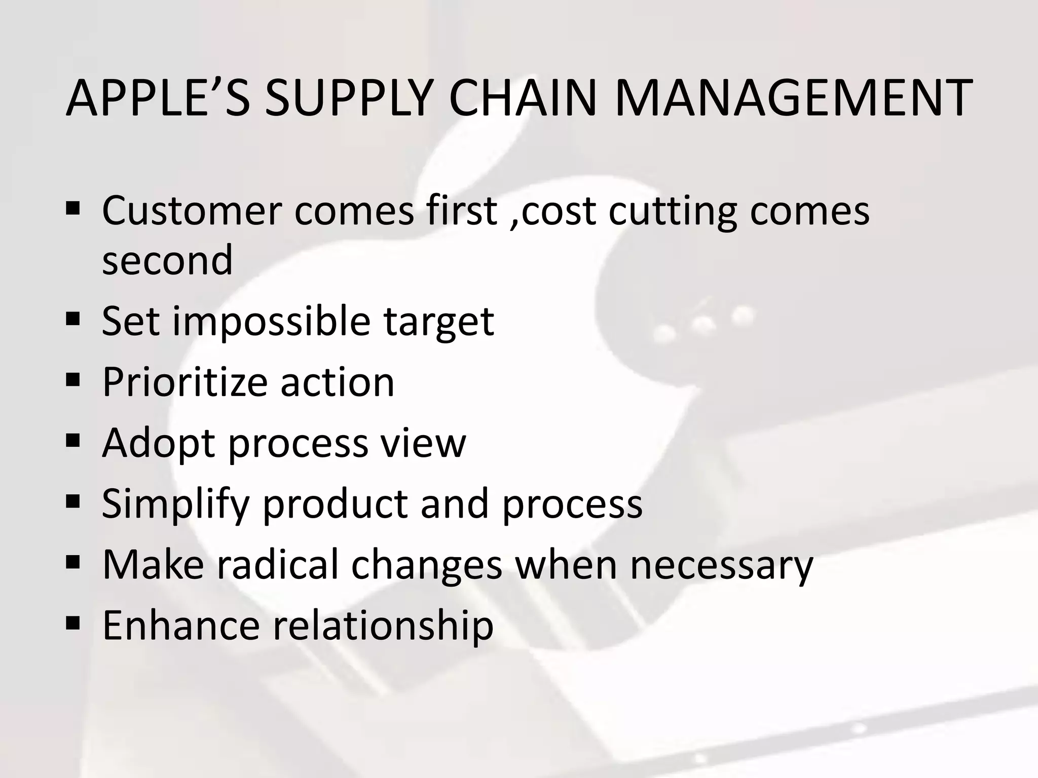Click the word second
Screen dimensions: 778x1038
pos(167,260)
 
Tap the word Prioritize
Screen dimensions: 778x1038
pos(184,382)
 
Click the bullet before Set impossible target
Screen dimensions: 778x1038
pos(73,319)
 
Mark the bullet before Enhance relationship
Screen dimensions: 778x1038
pos(73,623)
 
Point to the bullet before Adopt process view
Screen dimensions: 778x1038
pos(73,440)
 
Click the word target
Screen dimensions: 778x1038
pos(438,323)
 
